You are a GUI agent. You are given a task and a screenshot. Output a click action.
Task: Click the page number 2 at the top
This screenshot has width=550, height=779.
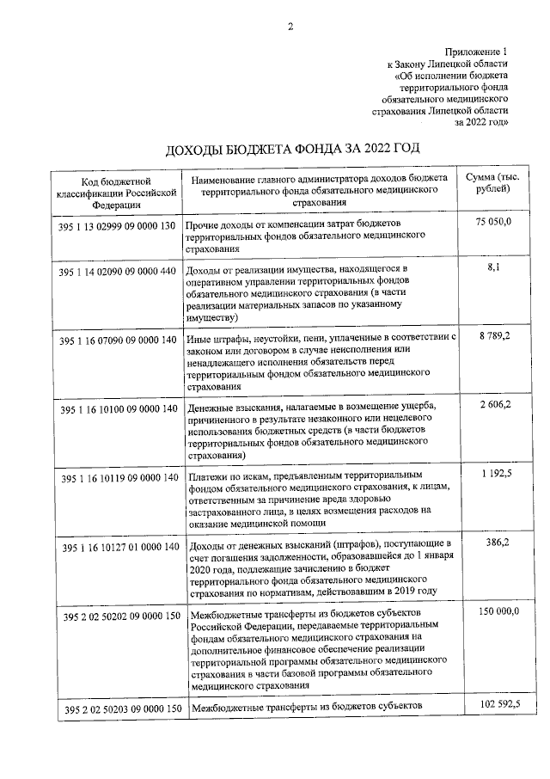[290, 26]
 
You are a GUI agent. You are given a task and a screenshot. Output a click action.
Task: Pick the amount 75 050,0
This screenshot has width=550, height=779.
[492, 222]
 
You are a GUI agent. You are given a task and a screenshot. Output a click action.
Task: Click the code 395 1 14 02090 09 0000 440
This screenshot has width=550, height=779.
[119, 272]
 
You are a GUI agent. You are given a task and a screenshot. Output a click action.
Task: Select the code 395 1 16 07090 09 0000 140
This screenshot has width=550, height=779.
[119, 340]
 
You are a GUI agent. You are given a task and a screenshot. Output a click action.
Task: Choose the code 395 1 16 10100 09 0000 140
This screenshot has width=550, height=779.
[119, 408]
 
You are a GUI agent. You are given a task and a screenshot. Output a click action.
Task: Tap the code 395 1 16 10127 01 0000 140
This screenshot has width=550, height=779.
[119, 547]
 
